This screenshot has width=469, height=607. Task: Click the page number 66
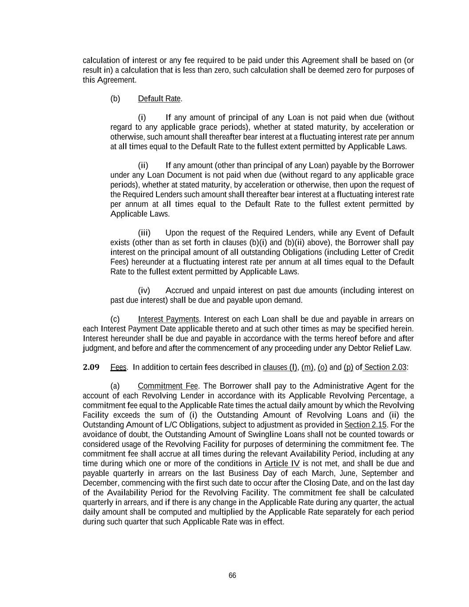point(232,575)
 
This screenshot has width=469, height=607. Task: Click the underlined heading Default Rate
point(159,99)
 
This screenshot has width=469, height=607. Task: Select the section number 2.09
point(91,367)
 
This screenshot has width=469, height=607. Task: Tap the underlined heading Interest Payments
point(168,319)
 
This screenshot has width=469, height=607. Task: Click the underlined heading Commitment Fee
point(168,386)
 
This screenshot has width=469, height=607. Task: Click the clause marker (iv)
point(144,291)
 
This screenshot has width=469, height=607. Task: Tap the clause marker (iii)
point(144,233)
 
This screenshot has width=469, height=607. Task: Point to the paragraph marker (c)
point(115,319)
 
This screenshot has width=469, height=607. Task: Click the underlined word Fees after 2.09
point(118,367)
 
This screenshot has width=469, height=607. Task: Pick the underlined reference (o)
point(322,367)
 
